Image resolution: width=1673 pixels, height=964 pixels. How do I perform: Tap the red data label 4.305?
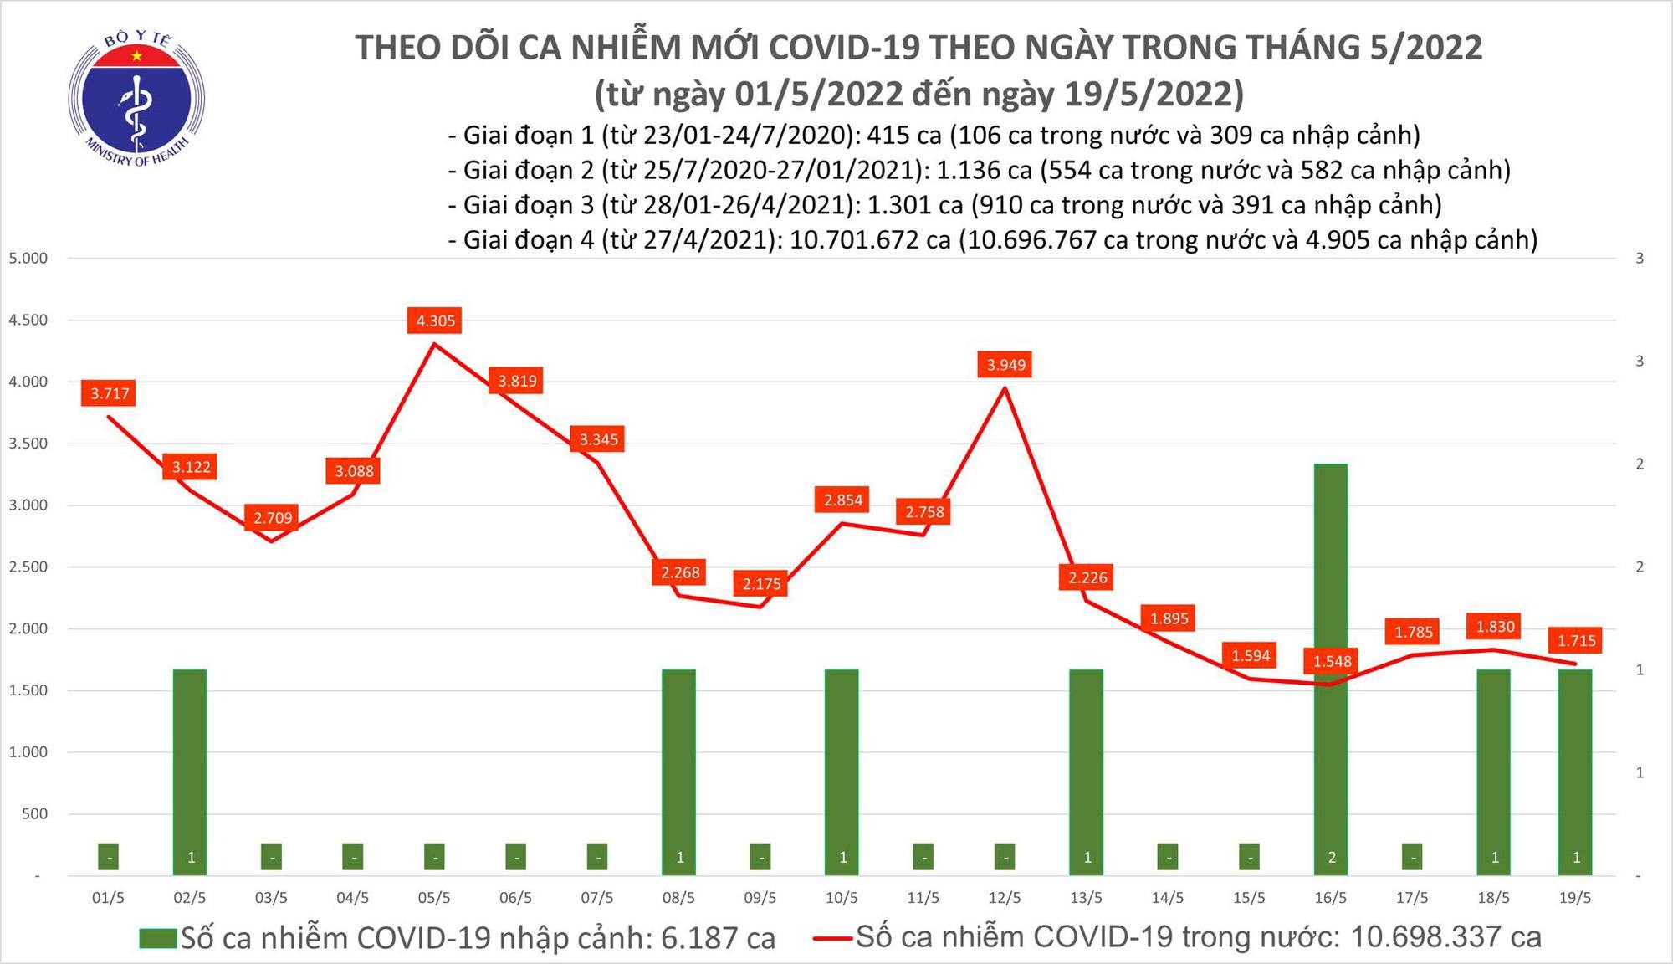point(436,320)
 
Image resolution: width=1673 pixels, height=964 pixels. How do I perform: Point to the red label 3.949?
point(1005,365)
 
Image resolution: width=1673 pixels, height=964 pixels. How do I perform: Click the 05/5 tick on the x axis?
point(434,898)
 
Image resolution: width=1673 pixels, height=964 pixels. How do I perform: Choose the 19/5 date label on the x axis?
point(1575,898)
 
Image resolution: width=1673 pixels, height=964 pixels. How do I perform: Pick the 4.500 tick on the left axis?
point(28,320)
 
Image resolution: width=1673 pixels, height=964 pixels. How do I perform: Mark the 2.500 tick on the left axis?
point(28,567)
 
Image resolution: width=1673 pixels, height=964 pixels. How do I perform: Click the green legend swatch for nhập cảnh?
point(158,938)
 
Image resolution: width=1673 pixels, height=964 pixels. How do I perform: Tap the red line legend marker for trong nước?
point(833,938)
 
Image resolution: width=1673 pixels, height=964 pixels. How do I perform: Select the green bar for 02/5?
point(190,770)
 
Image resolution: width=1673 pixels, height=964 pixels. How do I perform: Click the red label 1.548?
point(1332,662)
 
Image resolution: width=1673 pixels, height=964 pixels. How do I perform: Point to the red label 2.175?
point(761,584)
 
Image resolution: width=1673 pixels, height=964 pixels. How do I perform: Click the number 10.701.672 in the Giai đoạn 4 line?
point(870,240)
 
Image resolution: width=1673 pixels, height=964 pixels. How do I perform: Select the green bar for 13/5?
point(1086,770)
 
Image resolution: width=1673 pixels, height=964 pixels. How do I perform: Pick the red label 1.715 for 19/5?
point(1576,641)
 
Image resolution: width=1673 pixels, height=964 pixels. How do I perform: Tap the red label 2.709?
point(273,518)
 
